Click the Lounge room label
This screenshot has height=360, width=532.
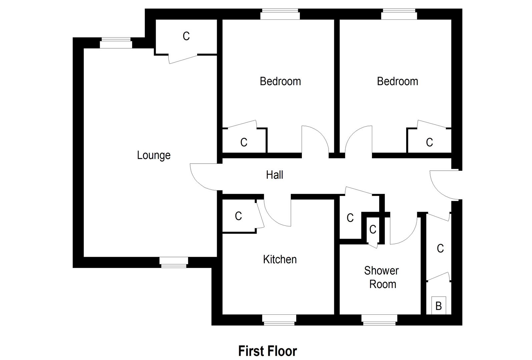coord(154,155)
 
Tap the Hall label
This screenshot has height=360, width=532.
coord(275,175)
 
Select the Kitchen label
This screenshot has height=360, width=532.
coord(280,259)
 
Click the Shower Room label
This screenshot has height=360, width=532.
coord(382,277)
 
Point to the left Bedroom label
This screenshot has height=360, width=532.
coord(280,81)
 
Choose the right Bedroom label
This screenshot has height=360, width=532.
coord(397,81)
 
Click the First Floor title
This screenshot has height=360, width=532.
coord(268,351)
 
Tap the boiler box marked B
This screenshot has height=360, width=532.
coord(439,305)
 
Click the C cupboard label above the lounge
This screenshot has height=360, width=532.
coord(186,36)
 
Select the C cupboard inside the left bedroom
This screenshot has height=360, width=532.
coord(244,143)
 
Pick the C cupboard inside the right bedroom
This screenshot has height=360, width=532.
coord(429,143)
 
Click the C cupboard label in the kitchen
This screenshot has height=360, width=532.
coord(238,216)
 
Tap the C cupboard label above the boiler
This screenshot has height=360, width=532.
coord(440,248)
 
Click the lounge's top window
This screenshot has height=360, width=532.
coord(116,43)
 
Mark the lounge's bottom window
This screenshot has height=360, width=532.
coord(173,262)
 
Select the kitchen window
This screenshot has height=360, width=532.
coord(279,320)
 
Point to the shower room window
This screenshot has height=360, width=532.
coord(379,320)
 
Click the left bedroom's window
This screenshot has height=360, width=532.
coord(280,14)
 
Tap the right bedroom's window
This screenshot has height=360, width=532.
coord(399,14)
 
